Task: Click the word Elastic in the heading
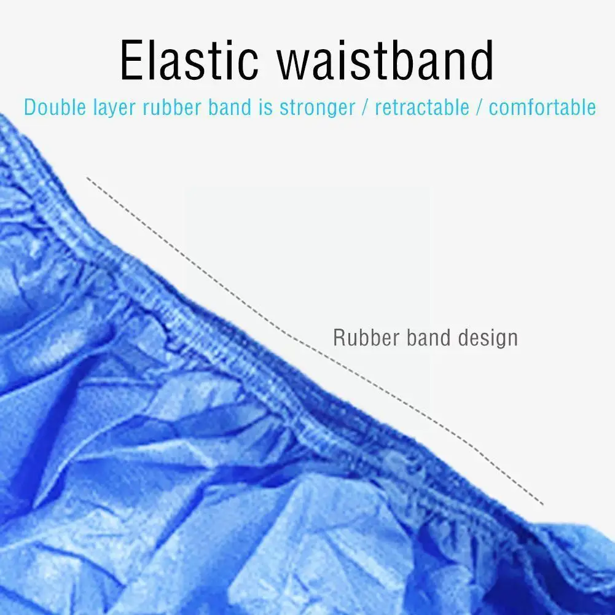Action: click(189, 60)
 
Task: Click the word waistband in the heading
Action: click(385, 60)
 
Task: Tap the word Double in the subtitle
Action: click(55, 108)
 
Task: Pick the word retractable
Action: click(422, 108)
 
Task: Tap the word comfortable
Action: click(543, 108)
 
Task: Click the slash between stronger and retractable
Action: click(366, 108)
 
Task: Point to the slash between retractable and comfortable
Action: click(479, 108)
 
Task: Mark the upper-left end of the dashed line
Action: click(87, 178)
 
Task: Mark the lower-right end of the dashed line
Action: click(543, 505)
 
